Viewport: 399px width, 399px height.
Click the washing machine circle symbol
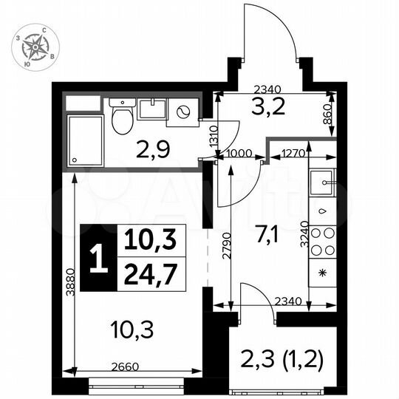point(183,112)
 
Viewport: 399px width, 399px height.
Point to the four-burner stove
point(322,240)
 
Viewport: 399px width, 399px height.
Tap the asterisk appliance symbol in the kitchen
point(322,273)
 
